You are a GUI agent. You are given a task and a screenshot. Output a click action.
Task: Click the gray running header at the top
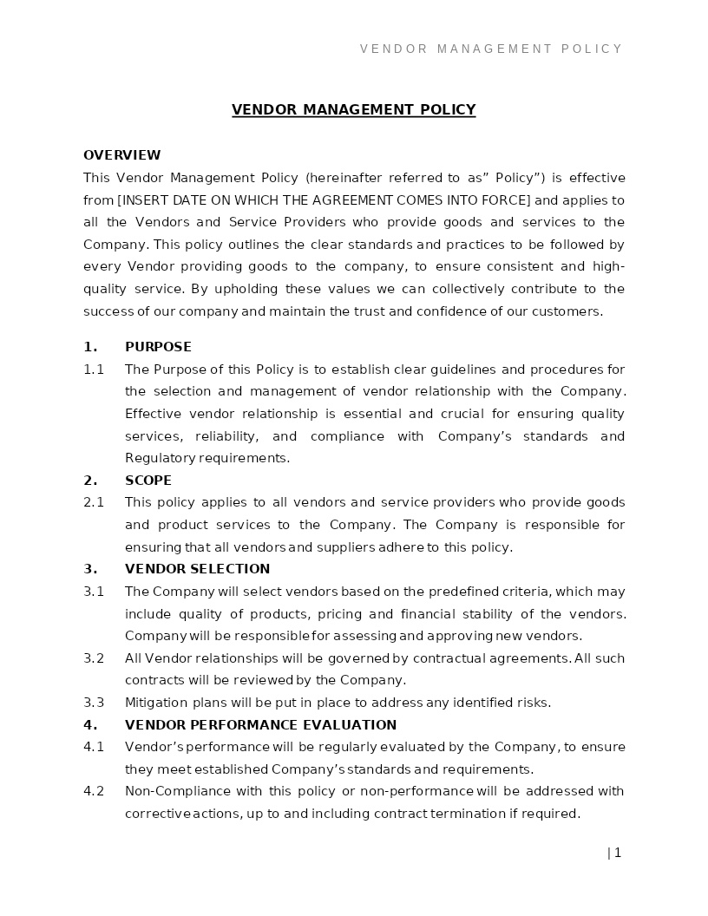[491, 49]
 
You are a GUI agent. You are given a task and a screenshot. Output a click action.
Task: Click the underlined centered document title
[353, 109]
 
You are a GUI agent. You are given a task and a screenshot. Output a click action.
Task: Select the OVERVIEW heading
[121, 155]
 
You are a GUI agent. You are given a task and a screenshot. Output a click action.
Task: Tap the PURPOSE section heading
[158, 347]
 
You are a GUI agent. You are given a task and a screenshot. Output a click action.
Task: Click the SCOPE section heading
[148, 481]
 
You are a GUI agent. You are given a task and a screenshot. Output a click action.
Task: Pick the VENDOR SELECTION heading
[197, 569]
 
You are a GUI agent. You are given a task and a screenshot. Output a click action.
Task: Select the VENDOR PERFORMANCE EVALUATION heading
[260, 725]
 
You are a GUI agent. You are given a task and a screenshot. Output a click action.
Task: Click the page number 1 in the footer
[617, 853]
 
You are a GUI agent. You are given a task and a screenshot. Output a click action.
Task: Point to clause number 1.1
[94, 370]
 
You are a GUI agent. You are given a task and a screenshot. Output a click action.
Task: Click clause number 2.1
[94, 502]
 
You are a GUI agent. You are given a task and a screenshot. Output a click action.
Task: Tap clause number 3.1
[94, 592]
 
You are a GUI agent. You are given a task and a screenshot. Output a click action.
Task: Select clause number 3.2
[94, 658]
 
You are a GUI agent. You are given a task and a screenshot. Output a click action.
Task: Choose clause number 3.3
[94, 703]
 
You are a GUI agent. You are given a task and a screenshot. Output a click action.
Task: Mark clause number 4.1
[94, 747]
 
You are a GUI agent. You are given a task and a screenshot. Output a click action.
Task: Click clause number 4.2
[94, 791]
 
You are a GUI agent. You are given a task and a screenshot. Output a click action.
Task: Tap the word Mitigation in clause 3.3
[156, 703]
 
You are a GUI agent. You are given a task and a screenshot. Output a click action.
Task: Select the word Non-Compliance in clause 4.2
[166, 791]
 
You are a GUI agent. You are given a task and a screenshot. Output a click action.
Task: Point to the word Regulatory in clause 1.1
[160, 458]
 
